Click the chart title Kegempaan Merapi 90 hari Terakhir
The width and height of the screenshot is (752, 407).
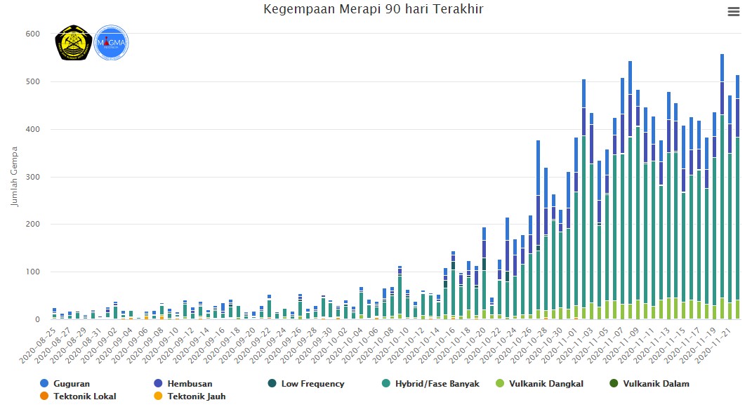click(374, 10)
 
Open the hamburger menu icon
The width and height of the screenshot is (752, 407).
click(734, 11)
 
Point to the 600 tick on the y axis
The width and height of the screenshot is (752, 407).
click(33, 34)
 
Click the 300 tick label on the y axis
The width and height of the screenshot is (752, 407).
click(33, 177)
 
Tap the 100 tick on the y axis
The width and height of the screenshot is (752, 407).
click(33, 272)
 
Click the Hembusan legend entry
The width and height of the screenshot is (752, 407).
click(185, 384)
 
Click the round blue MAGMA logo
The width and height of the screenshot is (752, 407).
click(111, 42)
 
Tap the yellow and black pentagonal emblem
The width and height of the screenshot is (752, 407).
click(73, 43)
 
